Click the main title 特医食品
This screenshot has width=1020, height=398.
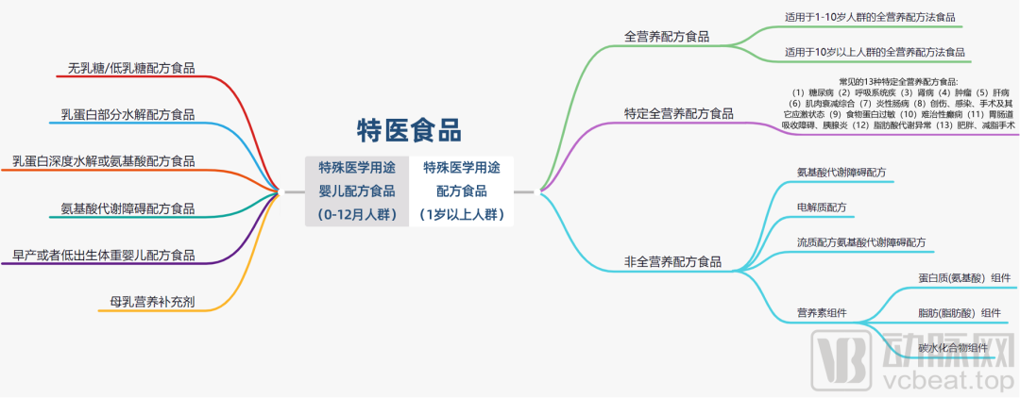click(x=409, y=129)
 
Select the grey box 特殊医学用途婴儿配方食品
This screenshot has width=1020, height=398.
click(x=356, y=191)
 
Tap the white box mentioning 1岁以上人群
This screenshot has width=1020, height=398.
click(x=462, y=191)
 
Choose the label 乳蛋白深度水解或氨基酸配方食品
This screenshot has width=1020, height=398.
click(x=104, y=161)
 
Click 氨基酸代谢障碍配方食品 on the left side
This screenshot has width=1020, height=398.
click(x=127, y=208)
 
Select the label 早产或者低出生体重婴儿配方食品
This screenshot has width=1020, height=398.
click(x=104, y=255)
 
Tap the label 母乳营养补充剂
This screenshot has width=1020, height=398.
click(x=152, y=302)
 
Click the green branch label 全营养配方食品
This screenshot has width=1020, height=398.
click(x=666, y=37)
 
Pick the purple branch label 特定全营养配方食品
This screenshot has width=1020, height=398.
click(x=678, y=113)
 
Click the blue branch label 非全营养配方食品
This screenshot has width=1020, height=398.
click(x=671, y=262)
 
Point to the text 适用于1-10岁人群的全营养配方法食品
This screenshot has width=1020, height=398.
click(x=870, y=16)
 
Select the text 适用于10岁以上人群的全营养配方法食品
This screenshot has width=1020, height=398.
click(x=875, y=52)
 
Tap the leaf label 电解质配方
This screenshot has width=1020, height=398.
click(x=822, y=207)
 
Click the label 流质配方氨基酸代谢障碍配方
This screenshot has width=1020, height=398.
click(x=861, y=242)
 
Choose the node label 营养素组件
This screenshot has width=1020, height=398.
click(x=822, y=312)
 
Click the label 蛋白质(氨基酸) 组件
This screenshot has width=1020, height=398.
click(x=964, y=278)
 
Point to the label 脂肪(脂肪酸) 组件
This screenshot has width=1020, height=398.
click(x=959, y=313)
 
